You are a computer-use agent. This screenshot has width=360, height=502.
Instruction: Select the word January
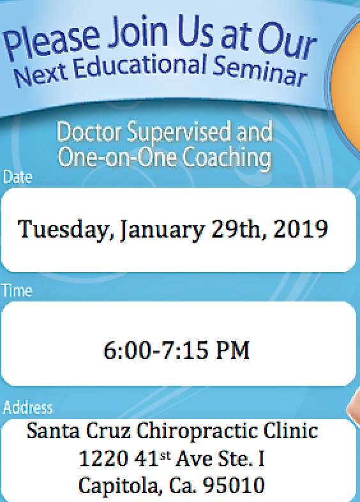click(162, 230)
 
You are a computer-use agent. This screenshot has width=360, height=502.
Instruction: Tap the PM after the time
click(232, 350)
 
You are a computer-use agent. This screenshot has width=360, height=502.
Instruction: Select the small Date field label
click(17, 177)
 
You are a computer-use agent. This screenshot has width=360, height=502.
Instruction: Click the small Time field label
click(17, 291)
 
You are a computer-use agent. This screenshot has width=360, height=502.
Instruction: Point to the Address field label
click(27, 407)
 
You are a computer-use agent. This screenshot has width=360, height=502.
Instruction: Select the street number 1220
click(103, 459)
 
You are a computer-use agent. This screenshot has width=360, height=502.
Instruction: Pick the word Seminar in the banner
click(260, 70)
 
